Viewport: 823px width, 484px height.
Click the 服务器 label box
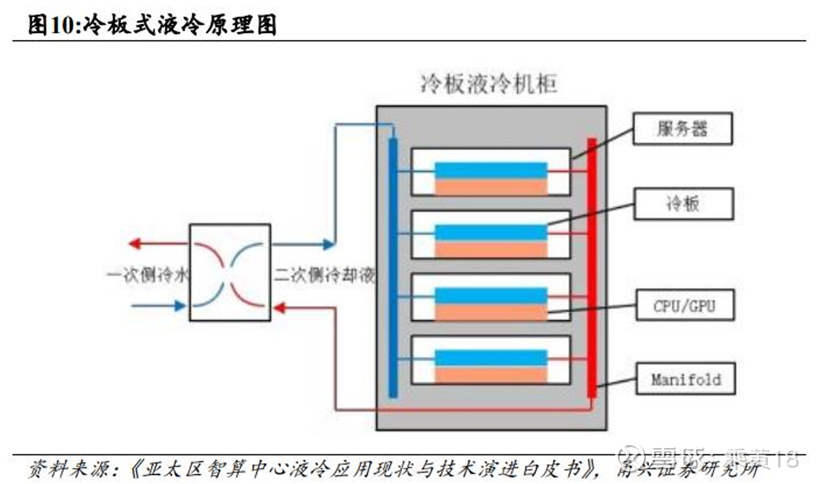click(682, 129)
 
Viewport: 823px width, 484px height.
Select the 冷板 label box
click(683, 203)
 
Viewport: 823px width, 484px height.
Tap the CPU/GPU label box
click(683, 306)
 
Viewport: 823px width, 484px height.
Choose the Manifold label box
click(686, 380)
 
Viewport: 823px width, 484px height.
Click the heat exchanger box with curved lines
click(230, 272)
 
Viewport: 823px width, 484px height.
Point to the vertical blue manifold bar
click(393, 266)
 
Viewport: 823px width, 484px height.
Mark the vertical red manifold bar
click(591, 266)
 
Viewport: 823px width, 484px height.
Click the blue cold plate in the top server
click(490, 170)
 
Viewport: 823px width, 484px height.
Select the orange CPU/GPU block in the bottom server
click(490, 375)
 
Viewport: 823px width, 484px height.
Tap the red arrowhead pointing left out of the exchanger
click(134, 244)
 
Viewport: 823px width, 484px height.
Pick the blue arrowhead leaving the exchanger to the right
click(327, 244)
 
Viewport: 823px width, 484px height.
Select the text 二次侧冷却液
click(325, 276)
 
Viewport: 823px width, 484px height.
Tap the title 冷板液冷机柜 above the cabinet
click(488, 84)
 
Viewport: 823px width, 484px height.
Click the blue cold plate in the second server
click(490, 232)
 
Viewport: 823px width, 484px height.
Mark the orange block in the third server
click(490, 313)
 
